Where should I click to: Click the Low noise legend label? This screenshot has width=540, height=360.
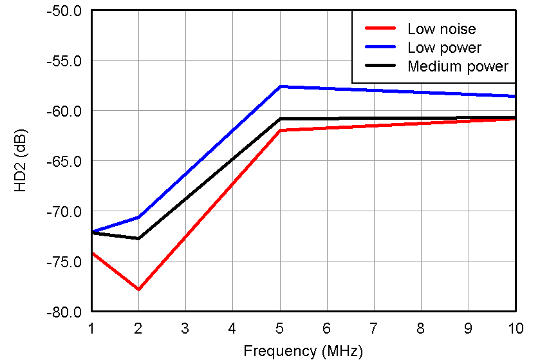pyautogui.click(x=442, y=28)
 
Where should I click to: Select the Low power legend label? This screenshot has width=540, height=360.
pyautogui.click(x=444, y=48)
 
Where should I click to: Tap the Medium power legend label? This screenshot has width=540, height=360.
pyautogui.click(x=458, y=66)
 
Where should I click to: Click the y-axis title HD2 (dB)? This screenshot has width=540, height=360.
pyautogui.click(x=21, y=161)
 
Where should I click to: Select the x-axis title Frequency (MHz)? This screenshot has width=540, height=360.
pyautogui.click(x=303, y=351)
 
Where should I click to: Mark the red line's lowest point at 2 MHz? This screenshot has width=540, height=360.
pyautogui.click(x=138, y=289)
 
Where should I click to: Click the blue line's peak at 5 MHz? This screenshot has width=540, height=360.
pyautogui.click(x=280, y=86)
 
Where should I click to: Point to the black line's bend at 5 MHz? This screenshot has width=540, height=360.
pyautogui.click(x=280, y=119)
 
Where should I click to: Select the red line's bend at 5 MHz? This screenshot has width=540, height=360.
pyautogui.click(x=280, y=130)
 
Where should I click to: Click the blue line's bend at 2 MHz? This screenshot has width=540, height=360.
pyautogui.click(x=138, y=217)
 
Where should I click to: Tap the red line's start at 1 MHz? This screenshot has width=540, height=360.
pyautogui.click(x=92, y=253)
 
